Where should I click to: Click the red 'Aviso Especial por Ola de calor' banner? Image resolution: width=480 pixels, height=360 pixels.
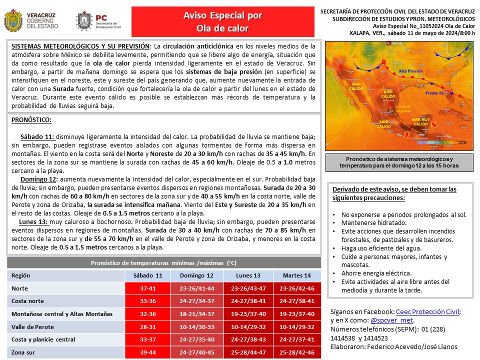point(222,21)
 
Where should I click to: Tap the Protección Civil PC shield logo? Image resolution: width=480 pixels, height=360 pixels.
point(83,21)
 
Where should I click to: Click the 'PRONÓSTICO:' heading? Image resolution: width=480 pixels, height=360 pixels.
point(31,120)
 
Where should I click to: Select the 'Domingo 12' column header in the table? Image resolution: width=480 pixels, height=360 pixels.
point(196,275)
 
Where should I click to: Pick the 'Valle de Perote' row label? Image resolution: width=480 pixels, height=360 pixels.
point(32,326)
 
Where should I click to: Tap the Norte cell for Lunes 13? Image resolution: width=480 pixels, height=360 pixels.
point(247,288)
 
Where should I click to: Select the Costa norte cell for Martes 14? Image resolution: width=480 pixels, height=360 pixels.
point(296,301)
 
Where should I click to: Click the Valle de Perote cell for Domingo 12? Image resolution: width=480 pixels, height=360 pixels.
point(196,326)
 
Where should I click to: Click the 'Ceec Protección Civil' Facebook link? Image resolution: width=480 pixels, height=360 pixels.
point(427,311)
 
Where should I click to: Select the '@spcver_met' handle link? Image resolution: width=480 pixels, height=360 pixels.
point(392,320)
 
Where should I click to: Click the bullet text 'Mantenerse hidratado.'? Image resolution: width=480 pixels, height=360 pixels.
point(374,223)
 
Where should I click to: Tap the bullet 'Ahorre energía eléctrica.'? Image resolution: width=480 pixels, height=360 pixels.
point(376,273)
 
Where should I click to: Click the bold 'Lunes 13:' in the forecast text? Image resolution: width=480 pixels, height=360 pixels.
point(33,221)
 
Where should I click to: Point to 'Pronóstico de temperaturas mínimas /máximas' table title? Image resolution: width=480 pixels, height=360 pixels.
point(164,262)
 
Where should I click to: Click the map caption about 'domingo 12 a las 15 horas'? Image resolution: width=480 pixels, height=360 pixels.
point(398,161)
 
